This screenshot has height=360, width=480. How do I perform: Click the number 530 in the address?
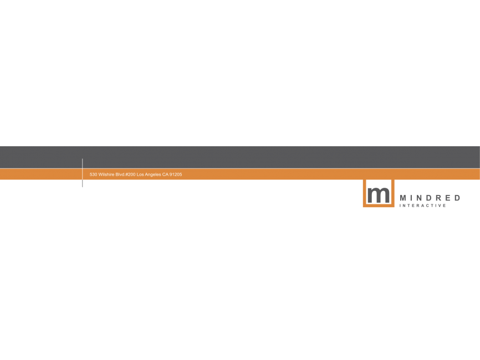tap(93, 174)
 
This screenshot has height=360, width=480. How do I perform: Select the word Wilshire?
tap(106, 174)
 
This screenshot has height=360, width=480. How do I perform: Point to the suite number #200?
tap(130, 174)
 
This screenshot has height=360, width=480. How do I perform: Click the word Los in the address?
tap(140, 174)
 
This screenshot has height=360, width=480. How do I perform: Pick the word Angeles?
tap(153, 174)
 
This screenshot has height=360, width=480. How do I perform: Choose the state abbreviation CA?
tap(165, 174)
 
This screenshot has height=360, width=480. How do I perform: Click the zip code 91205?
tap(176, 174)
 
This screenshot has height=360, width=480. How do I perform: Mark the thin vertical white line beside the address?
tap(83, 172)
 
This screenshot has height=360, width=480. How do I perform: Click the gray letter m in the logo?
tap(379, 195)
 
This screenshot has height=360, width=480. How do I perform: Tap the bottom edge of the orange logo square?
tap(379, 206)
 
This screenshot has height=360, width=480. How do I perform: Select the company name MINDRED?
tap(430, 198)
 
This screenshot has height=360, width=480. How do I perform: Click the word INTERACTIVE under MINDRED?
tap(423, 205)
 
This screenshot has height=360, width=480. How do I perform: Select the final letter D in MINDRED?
tap(457, 198)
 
